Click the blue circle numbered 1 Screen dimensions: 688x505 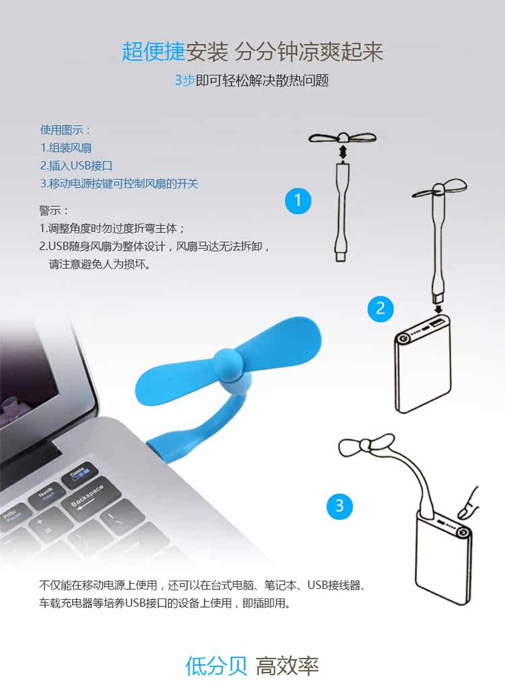[x=298, y=200]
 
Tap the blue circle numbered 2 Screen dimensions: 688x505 [x=380, y=308]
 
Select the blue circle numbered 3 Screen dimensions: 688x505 [x=339, y=505]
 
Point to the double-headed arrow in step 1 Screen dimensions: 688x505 [x=343, y=152]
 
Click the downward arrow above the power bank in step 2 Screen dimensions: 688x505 [x=440, y=309]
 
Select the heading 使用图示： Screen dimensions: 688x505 [x=65, y=130]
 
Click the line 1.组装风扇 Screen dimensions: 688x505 [x=65, y=147]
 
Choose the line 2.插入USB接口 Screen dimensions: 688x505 [x=76, y=165]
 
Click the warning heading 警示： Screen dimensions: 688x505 [x=55, y=210]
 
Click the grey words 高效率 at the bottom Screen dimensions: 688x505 [x=288, y=666]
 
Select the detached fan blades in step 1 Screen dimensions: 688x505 [x=343, y=137]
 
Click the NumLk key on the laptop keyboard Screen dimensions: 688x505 [x=46, y=493]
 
